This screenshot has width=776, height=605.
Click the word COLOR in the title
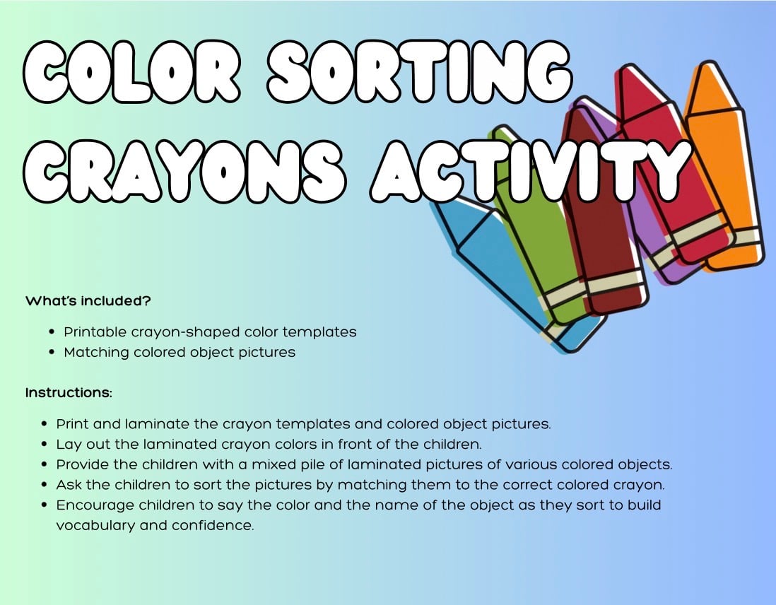coord(132,72)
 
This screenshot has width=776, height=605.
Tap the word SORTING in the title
coord(420,72)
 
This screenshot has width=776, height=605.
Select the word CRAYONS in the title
coord(184,171)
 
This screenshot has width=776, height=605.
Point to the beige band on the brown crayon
coord(617,282)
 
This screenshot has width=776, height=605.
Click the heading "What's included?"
coord(88,300)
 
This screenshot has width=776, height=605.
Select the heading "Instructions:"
coord(69,392)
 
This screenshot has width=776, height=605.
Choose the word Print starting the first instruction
coord(72,424)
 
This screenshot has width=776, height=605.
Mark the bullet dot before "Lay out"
coord(45,445)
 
